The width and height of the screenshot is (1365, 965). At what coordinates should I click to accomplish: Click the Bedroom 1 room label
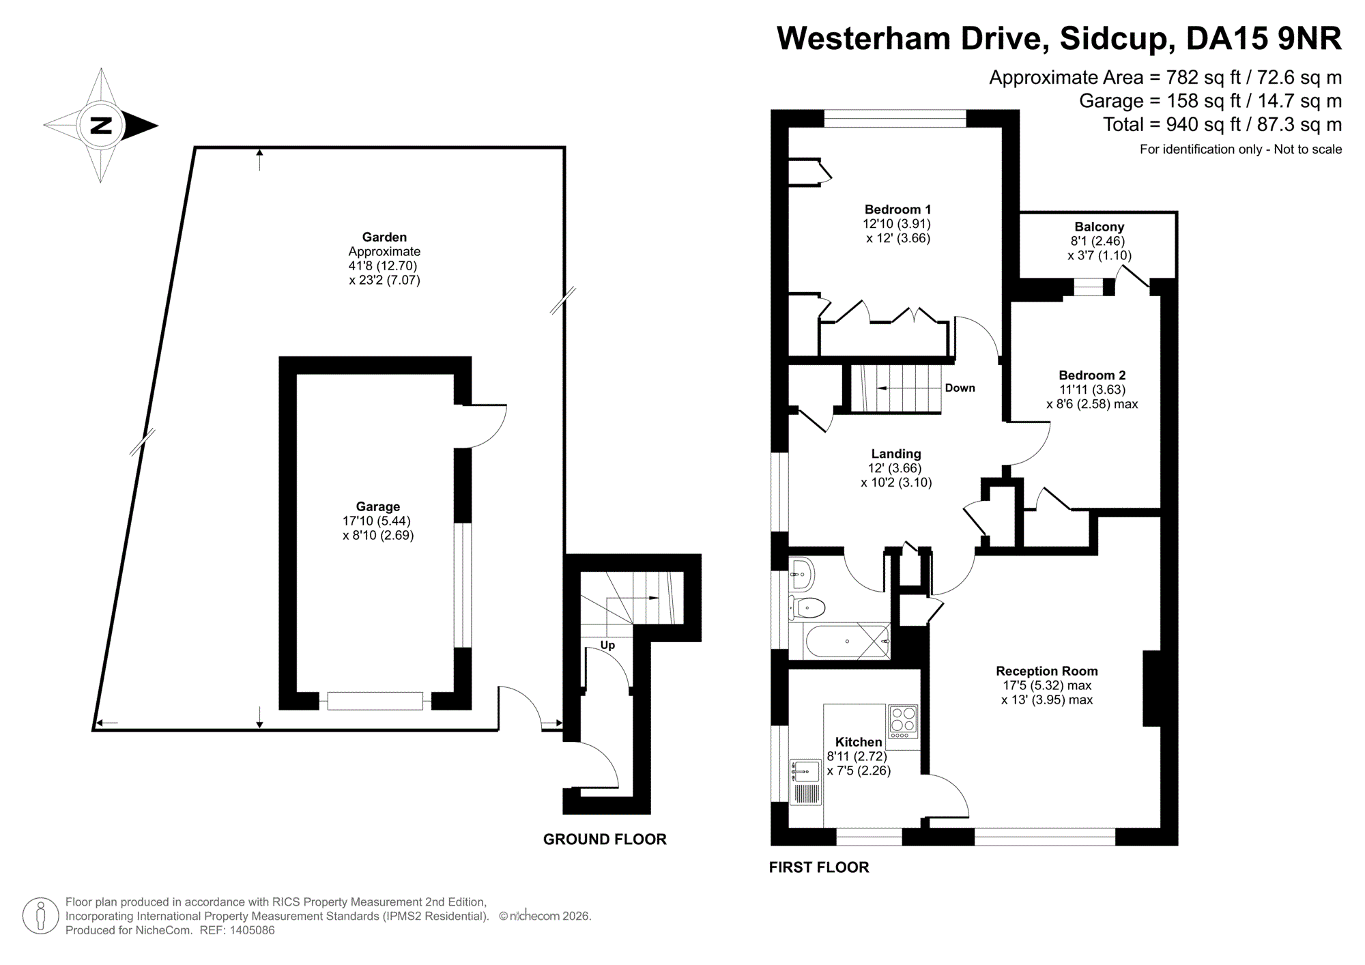tap(897, 210)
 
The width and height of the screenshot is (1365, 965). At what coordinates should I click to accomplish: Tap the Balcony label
tap(1099, 227)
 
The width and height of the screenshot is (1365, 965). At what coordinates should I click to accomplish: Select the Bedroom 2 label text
tap(1092, 375)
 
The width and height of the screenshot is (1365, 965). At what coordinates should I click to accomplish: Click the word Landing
tap(895, 454)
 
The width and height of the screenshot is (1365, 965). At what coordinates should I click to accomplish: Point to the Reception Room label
tap(1046, 671)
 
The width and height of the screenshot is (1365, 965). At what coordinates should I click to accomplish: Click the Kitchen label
tap(859, 742)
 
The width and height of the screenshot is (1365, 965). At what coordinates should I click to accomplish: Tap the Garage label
tap(377, 506)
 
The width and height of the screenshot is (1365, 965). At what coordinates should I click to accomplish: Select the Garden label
tap(384, 237)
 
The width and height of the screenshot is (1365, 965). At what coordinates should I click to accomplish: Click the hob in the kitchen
tap(903, 721)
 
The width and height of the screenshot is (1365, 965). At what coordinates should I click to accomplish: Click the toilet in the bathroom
tap(808, 607)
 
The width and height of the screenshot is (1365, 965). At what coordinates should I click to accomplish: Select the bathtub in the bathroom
tap(846, 642)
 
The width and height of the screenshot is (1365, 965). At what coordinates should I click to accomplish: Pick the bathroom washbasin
tap(803, 575)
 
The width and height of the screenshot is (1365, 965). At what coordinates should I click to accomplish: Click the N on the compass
tap(101, 126)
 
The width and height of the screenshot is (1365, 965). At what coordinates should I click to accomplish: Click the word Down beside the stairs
tap(960, 388)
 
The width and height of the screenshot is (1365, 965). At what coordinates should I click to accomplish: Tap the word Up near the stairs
tap(607, 645)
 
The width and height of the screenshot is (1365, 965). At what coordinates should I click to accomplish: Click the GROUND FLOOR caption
tap(605, 839)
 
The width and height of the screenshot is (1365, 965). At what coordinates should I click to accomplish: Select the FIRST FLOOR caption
tap(819, 867)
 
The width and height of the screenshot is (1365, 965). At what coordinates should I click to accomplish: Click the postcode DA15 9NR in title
tap(1263, 38)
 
